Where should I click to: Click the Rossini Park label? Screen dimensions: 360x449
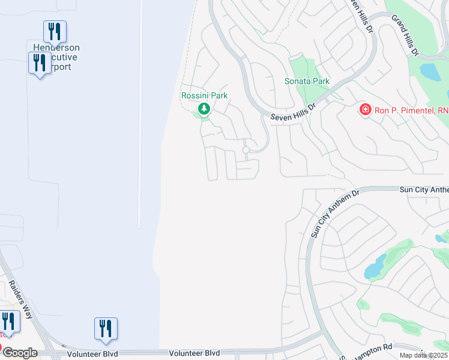[x=204, y=95]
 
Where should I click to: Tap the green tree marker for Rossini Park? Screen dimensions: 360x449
[x=204, y=109]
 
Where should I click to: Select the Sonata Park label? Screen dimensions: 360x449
[x=307, y=81]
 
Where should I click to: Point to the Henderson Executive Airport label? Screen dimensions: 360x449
[x=56, y=58]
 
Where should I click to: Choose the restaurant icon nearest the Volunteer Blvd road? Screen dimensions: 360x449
[x=106, y=328]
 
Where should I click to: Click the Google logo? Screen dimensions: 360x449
[x=20, y=353]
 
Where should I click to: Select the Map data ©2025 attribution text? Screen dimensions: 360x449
[x=424, y=355]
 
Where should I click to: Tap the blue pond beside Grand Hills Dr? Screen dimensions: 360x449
[x=430, y=72]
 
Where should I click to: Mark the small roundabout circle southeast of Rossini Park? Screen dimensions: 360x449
[x=246, y=149]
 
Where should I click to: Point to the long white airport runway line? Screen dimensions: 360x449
[x=140, y=114]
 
